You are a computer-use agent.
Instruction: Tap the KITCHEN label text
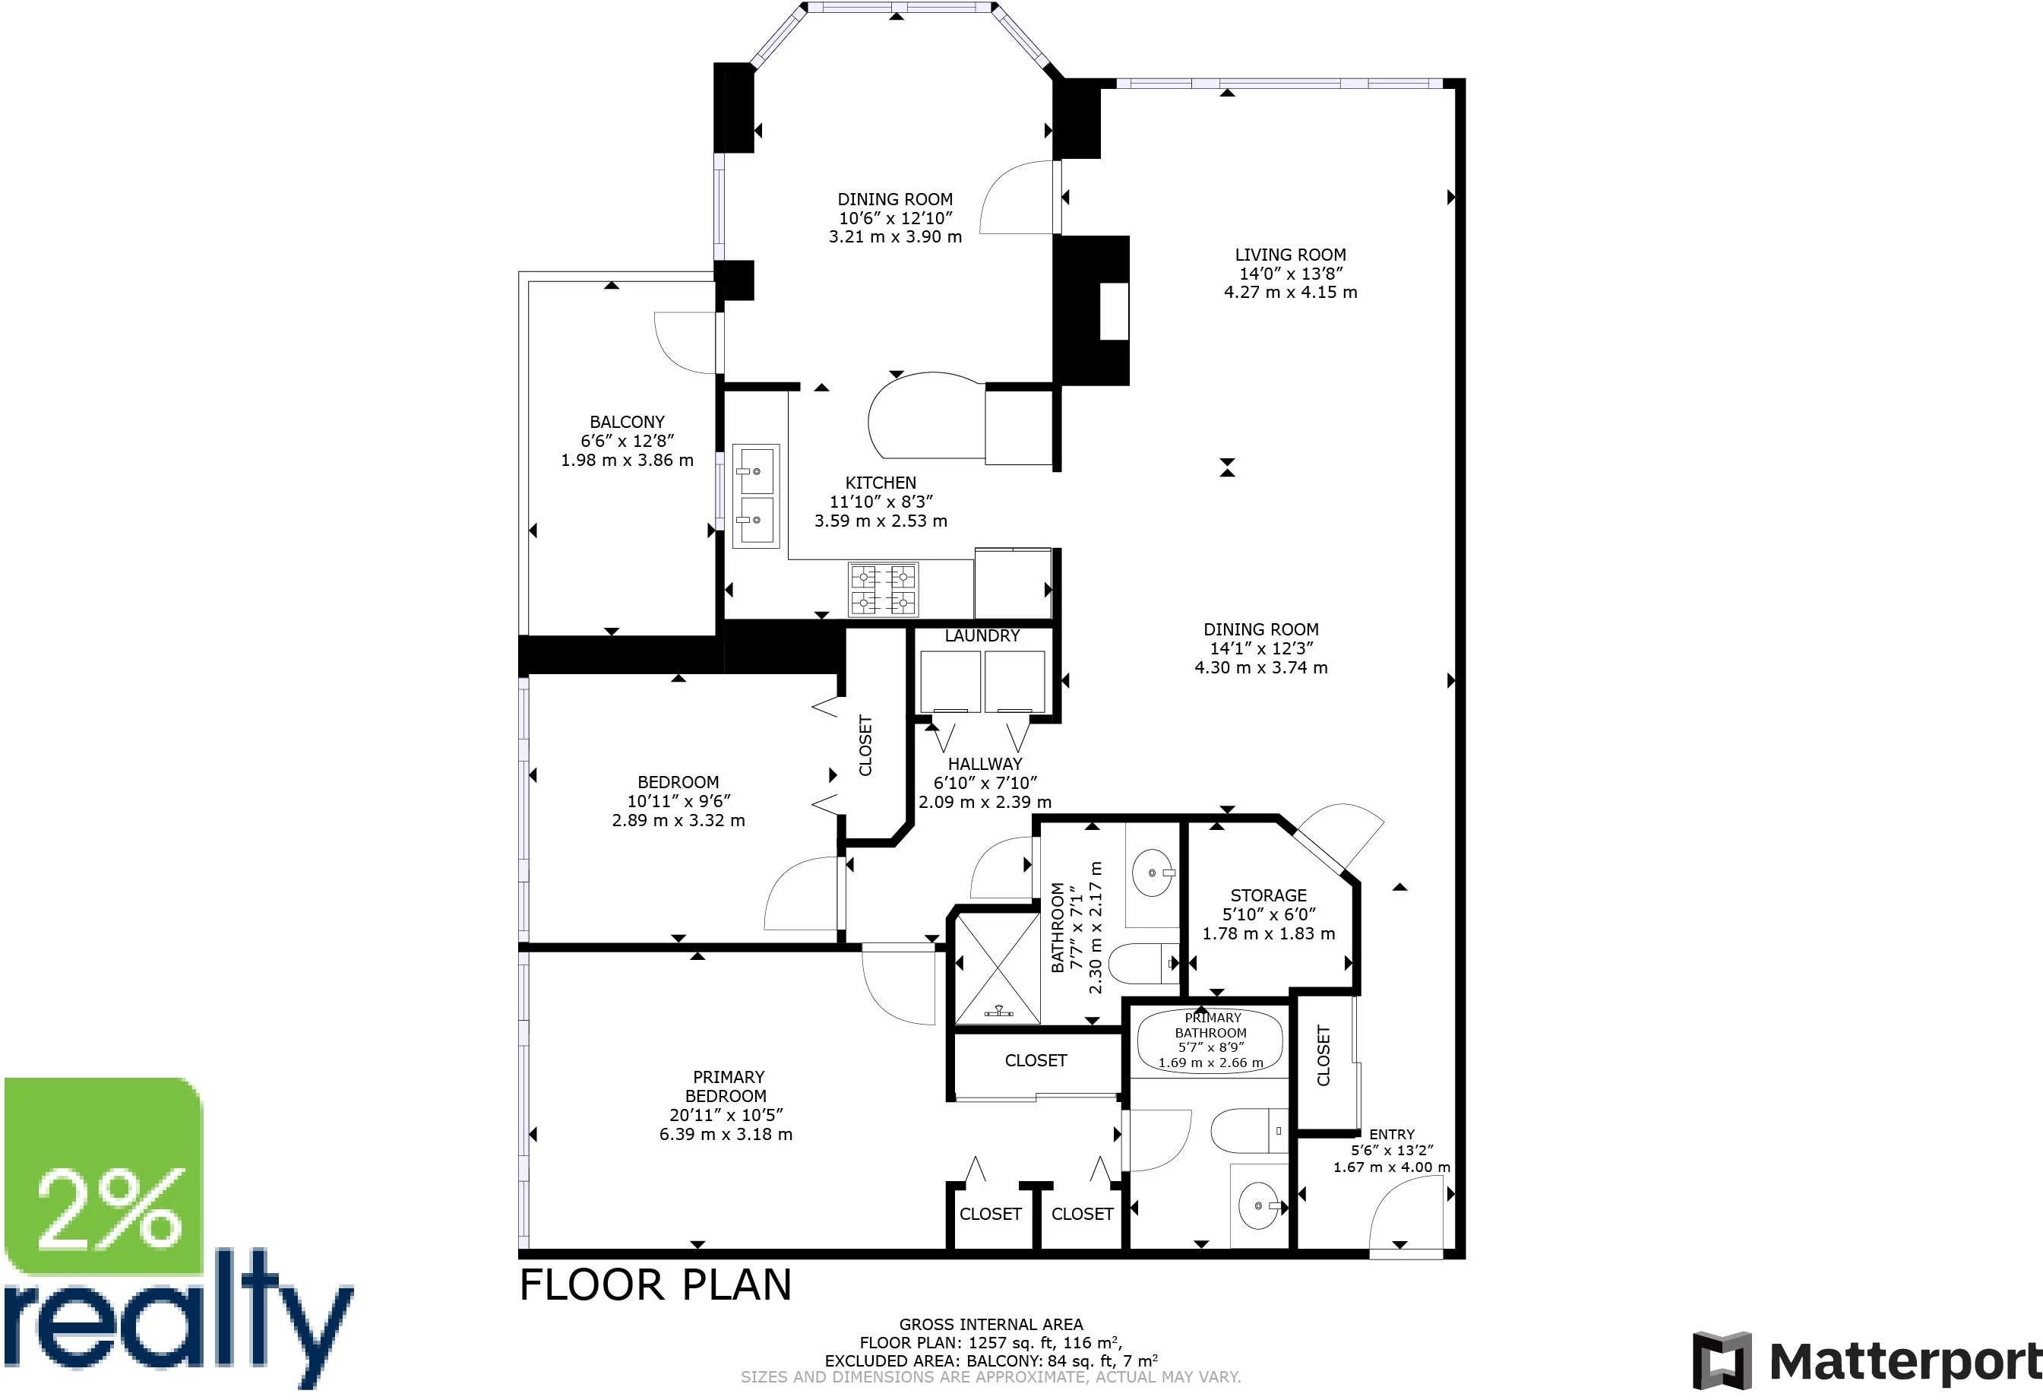[880, 483]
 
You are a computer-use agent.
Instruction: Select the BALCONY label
[627, 422]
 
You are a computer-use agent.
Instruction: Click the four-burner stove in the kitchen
[884, 589]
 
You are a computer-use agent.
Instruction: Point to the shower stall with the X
[998, 969]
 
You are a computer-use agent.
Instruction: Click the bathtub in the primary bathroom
[1210, 1041]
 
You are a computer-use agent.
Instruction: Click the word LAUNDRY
[982, 636]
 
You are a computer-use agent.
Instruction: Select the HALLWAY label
[985, 764]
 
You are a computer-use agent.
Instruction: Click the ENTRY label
[1392, 1135]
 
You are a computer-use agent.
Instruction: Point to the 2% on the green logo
[110, 1208]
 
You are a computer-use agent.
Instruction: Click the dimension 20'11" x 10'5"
[726, 1115]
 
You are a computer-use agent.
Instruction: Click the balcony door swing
[683, 344]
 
